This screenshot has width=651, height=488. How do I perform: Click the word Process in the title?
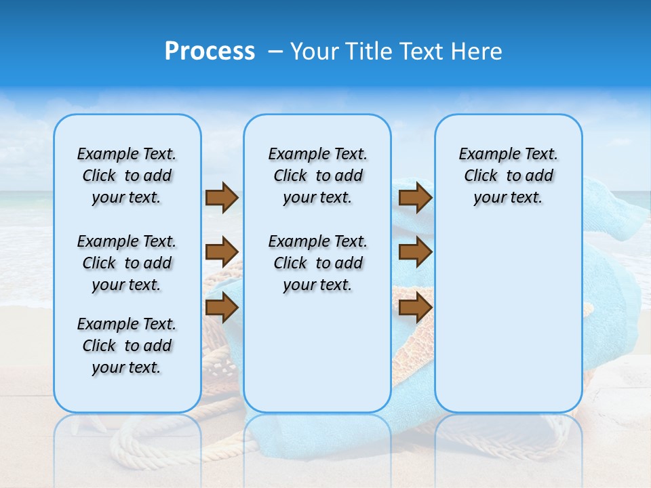[210, 52]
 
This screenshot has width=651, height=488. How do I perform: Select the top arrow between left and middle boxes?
[222, 198]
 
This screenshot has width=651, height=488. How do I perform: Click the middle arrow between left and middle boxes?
[222, 253]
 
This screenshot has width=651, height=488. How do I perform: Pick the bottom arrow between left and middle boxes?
[222, 308]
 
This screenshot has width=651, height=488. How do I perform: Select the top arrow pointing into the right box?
[415, 198]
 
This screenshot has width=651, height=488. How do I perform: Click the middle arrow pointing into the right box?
[415, 253]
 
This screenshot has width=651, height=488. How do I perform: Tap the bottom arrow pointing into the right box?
[415, 308]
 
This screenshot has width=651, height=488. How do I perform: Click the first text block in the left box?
[127, 176]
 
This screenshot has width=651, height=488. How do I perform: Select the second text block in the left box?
[127, 263]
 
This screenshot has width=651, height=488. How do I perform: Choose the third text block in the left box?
[127, 346]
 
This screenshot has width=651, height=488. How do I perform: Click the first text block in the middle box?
[317, 176]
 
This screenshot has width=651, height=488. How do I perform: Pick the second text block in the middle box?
[317, 263]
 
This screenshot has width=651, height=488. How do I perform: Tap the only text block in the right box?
[508, 176]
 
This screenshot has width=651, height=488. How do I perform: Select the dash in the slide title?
[275, 52]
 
